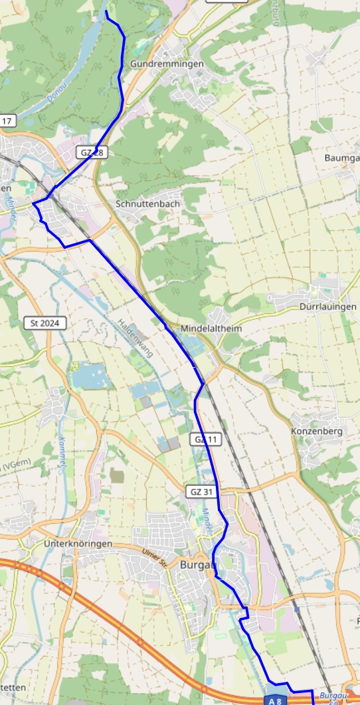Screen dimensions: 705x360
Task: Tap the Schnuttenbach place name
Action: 147,204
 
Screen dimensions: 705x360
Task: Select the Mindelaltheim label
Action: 211,329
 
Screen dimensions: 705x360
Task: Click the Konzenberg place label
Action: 316,431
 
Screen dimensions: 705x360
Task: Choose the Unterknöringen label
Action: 78,544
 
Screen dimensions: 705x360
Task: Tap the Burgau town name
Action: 198,564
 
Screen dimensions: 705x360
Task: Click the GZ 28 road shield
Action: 92,153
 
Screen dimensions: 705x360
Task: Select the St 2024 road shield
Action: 45,323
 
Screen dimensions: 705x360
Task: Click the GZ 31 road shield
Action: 201,492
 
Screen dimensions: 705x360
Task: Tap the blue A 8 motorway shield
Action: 276,700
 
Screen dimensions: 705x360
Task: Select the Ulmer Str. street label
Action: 155,554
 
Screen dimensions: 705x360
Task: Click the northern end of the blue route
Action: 107,11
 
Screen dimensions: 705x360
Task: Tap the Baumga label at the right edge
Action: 341,158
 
